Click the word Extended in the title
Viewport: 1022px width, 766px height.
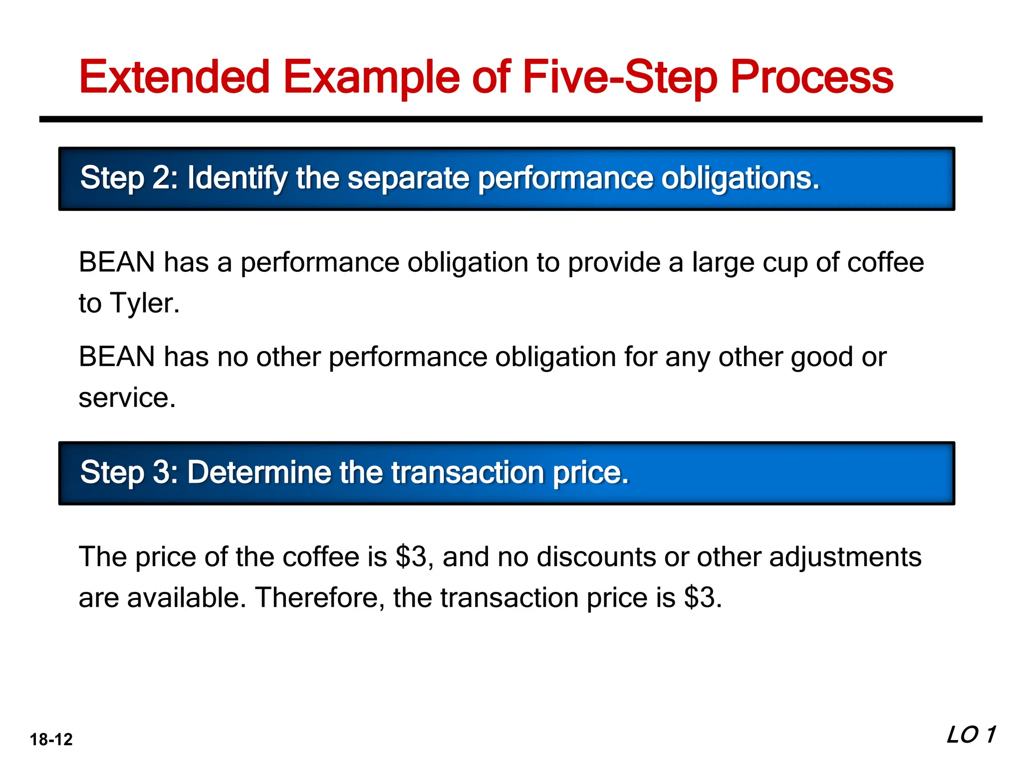(174, 77)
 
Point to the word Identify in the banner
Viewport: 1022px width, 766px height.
(237, 179)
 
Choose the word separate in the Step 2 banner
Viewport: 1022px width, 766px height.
(408, 179)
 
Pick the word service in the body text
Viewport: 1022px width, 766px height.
(127, 398)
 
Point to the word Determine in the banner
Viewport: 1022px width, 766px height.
(259, 472)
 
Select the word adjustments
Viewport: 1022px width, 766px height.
(845, 557)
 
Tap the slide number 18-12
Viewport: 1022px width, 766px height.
(51, 739)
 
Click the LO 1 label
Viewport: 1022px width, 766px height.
(971, 735)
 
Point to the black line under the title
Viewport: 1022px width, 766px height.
(511, 119)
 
